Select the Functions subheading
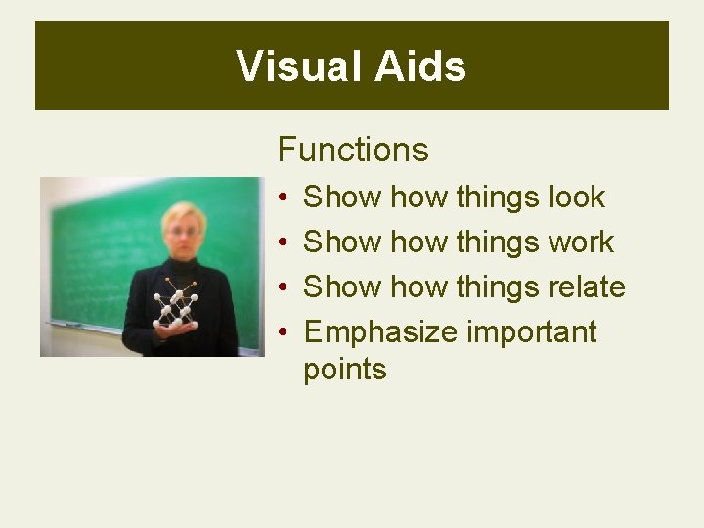coord(353,150)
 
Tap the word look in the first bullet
coord(576,197)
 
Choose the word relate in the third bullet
coord(586,286)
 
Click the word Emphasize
coord(380,332)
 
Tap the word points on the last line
coord(345,370)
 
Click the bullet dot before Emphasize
coord(282,333)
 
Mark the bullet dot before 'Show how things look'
coord(282,198)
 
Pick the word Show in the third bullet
coord(342,286)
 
